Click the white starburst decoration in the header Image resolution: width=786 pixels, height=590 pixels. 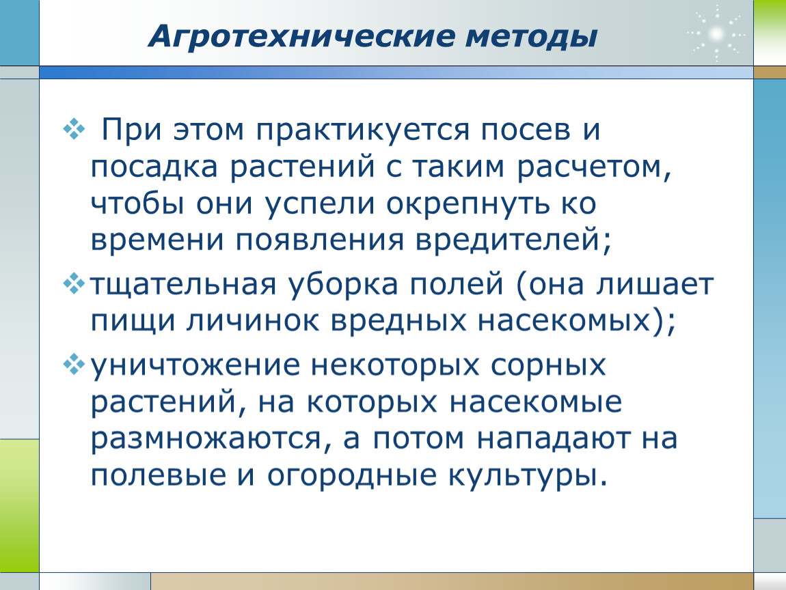716,34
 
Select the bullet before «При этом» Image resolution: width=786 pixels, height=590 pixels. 74,128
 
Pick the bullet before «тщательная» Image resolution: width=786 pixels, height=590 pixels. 74,283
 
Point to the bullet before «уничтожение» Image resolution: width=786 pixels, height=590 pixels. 74,364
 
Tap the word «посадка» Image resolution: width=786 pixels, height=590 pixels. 154,167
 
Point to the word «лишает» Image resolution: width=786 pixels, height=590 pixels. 655,285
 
